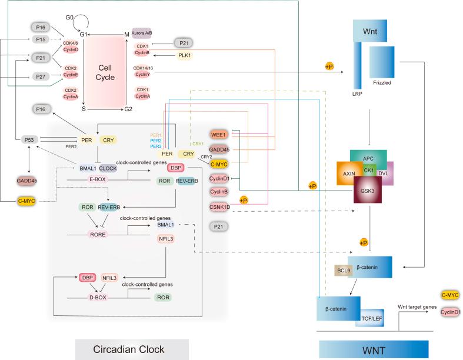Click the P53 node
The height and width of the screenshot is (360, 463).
click(x=28, y=139)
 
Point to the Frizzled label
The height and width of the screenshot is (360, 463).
click(x=382, y=84)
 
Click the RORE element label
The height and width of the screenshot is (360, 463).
click(x=94, y=234)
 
